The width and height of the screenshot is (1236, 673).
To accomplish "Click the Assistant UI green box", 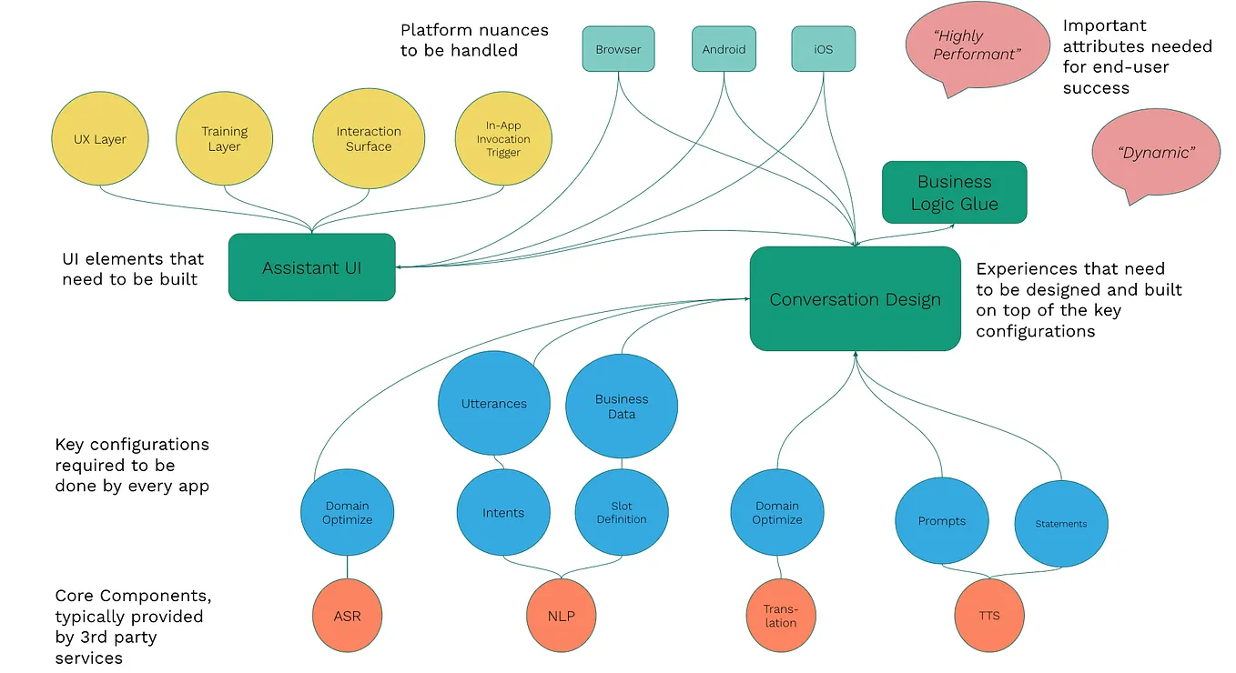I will pyautogui.click(x=311, y=267).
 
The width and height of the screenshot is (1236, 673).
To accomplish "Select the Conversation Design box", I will pyautogui.click(x=855, y=299).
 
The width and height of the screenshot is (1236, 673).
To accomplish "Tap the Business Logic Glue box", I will pyautogui.click(x=954, y=193).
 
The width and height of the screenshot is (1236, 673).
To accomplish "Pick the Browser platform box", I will pyautogui.click(x=618, y=49).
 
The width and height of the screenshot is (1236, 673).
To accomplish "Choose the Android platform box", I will pyautogui.click(x=724, y=49).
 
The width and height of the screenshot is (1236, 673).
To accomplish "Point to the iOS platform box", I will pyautogui.click(x=823, y=49).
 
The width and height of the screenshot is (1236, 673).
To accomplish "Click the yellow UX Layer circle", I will pyautogui.click(x=100, y=139).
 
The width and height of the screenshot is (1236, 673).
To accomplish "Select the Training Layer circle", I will pyautogui.click(x=224, y=139).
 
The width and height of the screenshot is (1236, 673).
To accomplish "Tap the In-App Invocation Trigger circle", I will pyautogui.click(x=502, y=139).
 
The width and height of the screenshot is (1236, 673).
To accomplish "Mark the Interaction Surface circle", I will pyautogui.click(x=369, y=139).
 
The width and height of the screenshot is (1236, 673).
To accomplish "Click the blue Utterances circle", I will pyautogui.click(x=494, y=404).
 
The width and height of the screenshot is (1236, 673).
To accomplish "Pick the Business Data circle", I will pyautogui.click(x=622, y=407).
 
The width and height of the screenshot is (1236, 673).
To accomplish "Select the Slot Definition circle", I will pyautogui.click(x=622, y=513).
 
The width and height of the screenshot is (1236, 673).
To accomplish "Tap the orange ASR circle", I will pyautogui.click(x=347, y=616).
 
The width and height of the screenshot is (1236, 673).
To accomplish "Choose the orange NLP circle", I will pyautogui.click(x=562, y=616).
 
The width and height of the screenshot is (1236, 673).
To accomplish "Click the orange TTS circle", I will pyautogui.click(x=989, y=616).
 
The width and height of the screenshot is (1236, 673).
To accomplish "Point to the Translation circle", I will pyautogui.click(x=780, y=616).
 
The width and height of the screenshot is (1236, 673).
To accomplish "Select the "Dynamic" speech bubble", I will pyautogui.click(x=1155, y=153).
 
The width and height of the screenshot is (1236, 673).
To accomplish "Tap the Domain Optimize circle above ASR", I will pyautogui.click(x=348, y=513).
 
